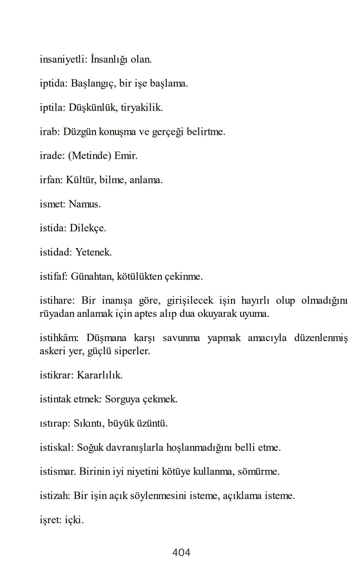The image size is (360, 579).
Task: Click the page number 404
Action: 181,552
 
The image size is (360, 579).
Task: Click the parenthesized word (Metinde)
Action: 89,156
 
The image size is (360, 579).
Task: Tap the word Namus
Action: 84,204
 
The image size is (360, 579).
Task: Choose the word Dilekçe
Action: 88,228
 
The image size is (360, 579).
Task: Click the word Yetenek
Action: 93,252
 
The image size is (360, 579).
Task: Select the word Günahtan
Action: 92,277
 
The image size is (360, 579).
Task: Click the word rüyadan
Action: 57,314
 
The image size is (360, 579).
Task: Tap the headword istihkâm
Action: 59,338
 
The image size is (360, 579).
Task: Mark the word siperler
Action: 132,351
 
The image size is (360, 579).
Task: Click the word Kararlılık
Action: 100,375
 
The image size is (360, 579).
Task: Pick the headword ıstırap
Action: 55,423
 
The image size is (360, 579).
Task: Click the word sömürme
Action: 258,472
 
